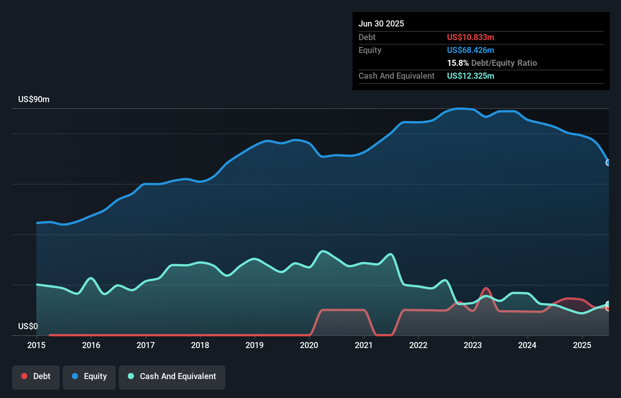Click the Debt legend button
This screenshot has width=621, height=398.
(36, 376)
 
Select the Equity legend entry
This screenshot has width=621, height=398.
(89, 376)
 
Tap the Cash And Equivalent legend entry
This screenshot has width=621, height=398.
(172, 376)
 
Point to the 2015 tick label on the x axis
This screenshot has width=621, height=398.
(36, 345)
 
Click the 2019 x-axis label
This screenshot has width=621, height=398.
(255, 345)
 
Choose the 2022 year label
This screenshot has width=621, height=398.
(418, 345)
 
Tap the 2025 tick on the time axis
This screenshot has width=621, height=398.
(582, 345)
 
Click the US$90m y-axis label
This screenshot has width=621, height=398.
(34, 99)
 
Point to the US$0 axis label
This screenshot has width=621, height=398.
(28, 326)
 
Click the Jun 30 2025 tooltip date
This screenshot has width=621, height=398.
(381, 23)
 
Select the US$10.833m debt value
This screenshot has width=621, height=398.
(470, 37)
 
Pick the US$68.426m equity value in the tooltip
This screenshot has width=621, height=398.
(470, 50)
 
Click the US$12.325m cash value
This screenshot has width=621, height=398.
(470, 76)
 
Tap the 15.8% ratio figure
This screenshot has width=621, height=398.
(458, 63)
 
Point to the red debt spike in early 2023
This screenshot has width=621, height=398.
(486, 289)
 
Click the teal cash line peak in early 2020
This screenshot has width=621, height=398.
(323, 251)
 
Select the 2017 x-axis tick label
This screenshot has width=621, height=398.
(146, 345)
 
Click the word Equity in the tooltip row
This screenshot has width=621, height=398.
(370, 50)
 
